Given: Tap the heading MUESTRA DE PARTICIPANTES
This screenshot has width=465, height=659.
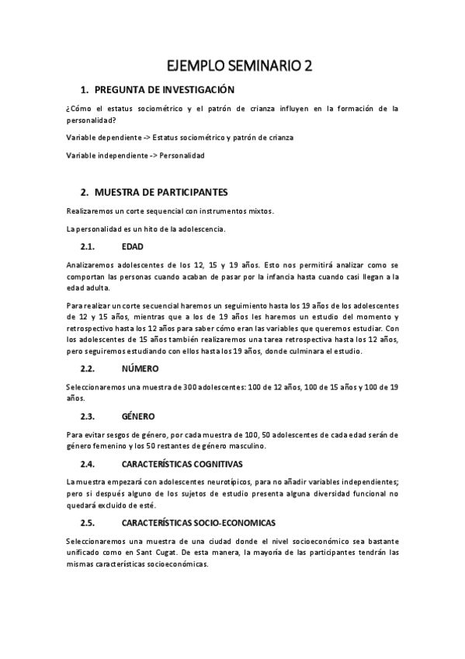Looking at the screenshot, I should tap(161, 191).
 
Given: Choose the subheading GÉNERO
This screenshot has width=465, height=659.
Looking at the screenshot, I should tap(139, 416).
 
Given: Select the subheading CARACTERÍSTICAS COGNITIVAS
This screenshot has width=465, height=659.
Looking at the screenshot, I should tap(182, 464).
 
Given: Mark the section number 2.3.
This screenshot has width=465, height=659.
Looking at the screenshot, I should tap(88, 416).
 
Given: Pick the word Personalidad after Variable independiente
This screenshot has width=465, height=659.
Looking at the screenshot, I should tap(182, 155).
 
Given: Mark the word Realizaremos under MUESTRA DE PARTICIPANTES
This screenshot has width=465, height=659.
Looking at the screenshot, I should tap(89, 211).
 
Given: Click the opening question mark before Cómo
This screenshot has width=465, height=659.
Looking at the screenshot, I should tap(68, 110).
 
